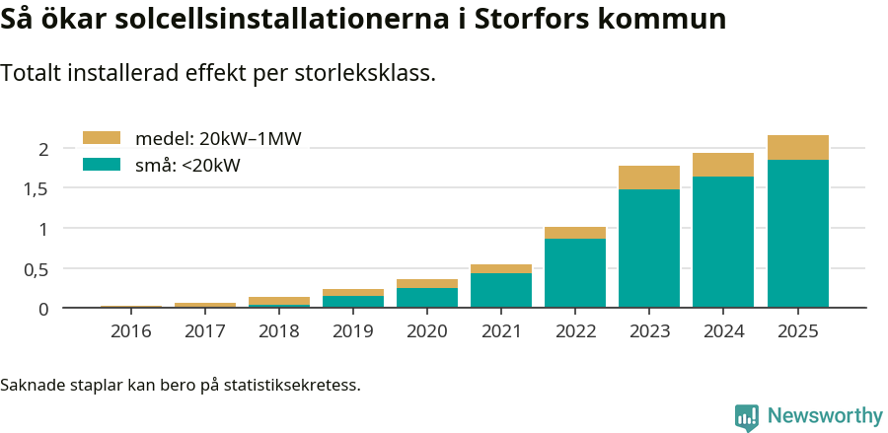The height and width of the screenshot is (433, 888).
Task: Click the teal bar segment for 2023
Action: [x=649, y=248]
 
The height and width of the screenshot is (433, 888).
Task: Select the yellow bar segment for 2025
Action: [x=797, y=147]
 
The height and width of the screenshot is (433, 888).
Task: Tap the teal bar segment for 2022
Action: [x=575, y=273]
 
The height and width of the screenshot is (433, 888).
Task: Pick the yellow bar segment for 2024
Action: [x=723, y=165]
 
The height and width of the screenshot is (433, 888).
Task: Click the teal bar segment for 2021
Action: [x=501, y=290]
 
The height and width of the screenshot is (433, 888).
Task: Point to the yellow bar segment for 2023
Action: [x=649, y=178]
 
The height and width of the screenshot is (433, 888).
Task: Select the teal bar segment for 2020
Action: [x=427, y=298]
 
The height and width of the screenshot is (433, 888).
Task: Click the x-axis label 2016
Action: [x=131, y=331]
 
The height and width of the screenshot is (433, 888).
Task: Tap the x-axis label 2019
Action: [x=353, y=331]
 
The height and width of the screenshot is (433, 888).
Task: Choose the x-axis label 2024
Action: [x=723, y=331]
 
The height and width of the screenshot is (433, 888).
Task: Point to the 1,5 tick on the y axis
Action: [x=37, y=188]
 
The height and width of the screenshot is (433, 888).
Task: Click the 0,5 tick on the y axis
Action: [x=37, y=269]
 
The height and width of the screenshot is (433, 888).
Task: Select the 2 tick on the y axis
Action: [x=43, y=149]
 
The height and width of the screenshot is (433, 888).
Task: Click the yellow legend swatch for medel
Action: [x=101, y=138]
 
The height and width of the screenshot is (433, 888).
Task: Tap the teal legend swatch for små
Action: [x=101, y=165]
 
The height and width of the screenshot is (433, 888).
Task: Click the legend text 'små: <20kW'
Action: [x=187, y=166]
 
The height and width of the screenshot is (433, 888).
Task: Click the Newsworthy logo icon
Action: [x=747, y=416]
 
